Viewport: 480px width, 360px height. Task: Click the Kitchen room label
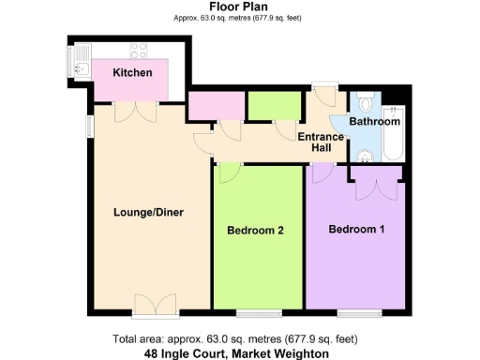point(132,73)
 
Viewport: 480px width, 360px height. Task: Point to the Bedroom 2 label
point(255,230)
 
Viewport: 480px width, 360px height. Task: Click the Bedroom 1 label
point(356,229)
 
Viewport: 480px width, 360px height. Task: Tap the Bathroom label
point(375,122)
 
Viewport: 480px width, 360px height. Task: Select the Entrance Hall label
point(321,142)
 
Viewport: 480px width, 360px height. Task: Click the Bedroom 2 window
point(257,312)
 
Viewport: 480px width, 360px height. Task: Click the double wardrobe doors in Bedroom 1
point(376,189)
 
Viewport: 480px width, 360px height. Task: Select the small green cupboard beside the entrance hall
point(274,106)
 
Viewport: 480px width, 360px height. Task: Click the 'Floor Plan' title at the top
point(239,7)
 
